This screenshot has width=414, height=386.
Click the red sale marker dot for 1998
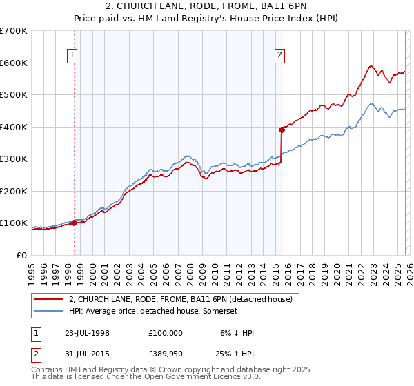74,223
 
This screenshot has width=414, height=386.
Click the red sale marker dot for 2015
282,129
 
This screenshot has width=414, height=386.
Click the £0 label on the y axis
21,255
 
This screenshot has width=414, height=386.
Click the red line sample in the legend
50,299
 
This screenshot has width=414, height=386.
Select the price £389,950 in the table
166,355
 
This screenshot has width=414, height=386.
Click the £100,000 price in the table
166,333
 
